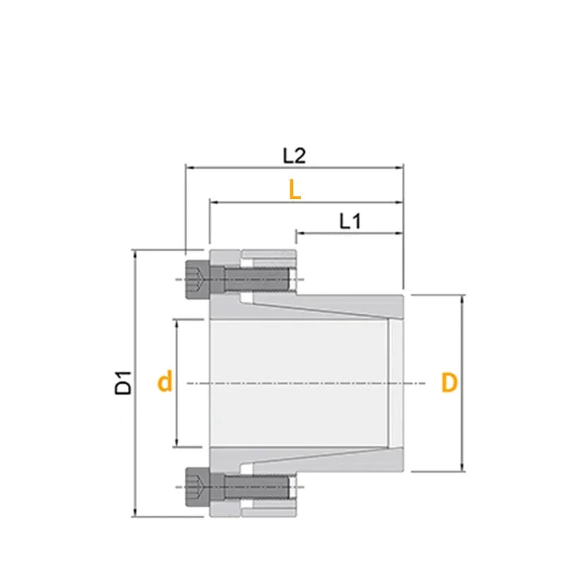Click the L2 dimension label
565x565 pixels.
click(x=294, y=155)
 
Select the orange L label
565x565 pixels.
click(x=295, y=189)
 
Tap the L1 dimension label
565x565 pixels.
click(x=350, y=221)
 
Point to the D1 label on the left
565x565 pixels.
click(x=124, y=382)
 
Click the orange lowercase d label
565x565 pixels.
click(x=165, y=383)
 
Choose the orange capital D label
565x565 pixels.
click(x=449, y=383)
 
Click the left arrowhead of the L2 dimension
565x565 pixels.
click(x=189, y=168)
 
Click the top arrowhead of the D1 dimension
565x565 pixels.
click(x=134, y=253)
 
